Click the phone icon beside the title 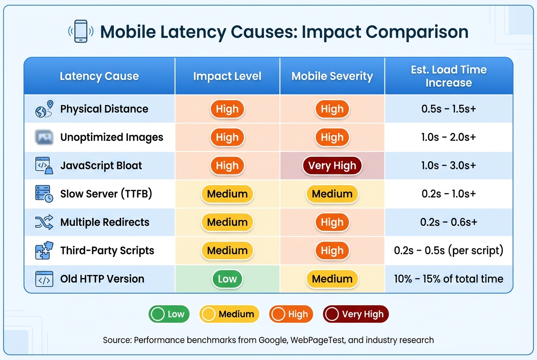pos(81,31)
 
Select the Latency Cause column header pos(99,76)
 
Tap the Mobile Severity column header pos(332,76)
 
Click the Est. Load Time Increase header pos(449,76)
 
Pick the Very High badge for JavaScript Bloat pos(332,166)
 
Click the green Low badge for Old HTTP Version pos(227,279)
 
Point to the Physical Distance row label pos(104,109)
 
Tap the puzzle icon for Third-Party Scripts pos(44,250)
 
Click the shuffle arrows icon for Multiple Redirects pos(44,222)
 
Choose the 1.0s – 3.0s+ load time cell pos(449,166)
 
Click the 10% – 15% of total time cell pos(449,279)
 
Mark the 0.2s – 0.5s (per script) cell pos(449,250)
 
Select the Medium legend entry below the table pos(229,314)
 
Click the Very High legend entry pos(356,314)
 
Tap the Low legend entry pos(169,314)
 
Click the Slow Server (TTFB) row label pos(106,194)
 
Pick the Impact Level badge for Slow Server pos(227,194)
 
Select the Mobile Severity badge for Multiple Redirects pos(332,222)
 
